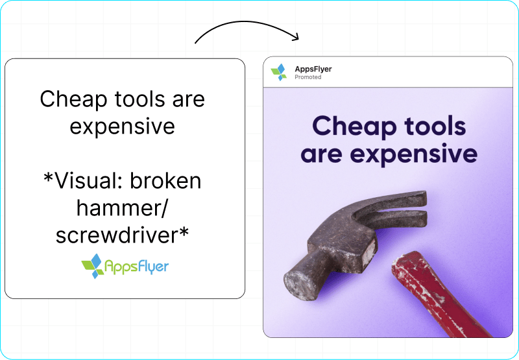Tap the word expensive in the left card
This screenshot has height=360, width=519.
click(x=122, y=127)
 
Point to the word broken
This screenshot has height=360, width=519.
click(x=165, y=180)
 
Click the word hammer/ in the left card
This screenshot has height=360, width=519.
click(x=122, y=208)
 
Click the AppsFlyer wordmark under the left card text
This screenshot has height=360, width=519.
click(x=137, y=267)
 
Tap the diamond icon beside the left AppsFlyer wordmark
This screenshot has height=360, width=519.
click(x=92, y=266)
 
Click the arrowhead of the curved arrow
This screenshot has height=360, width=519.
click(x=295, y=36)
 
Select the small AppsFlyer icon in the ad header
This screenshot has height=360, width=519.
click(x=279, y=72)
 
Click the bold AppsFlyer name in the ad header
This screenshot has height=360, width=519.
click(x=313, y=69)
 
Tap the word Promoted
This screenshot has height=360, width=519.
click(x=308, y=77)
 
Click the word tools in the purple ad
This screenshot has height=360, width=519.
click(x=435, y=126)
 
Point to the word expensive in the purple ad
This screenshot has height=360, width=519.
click(x=414, y=154)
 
